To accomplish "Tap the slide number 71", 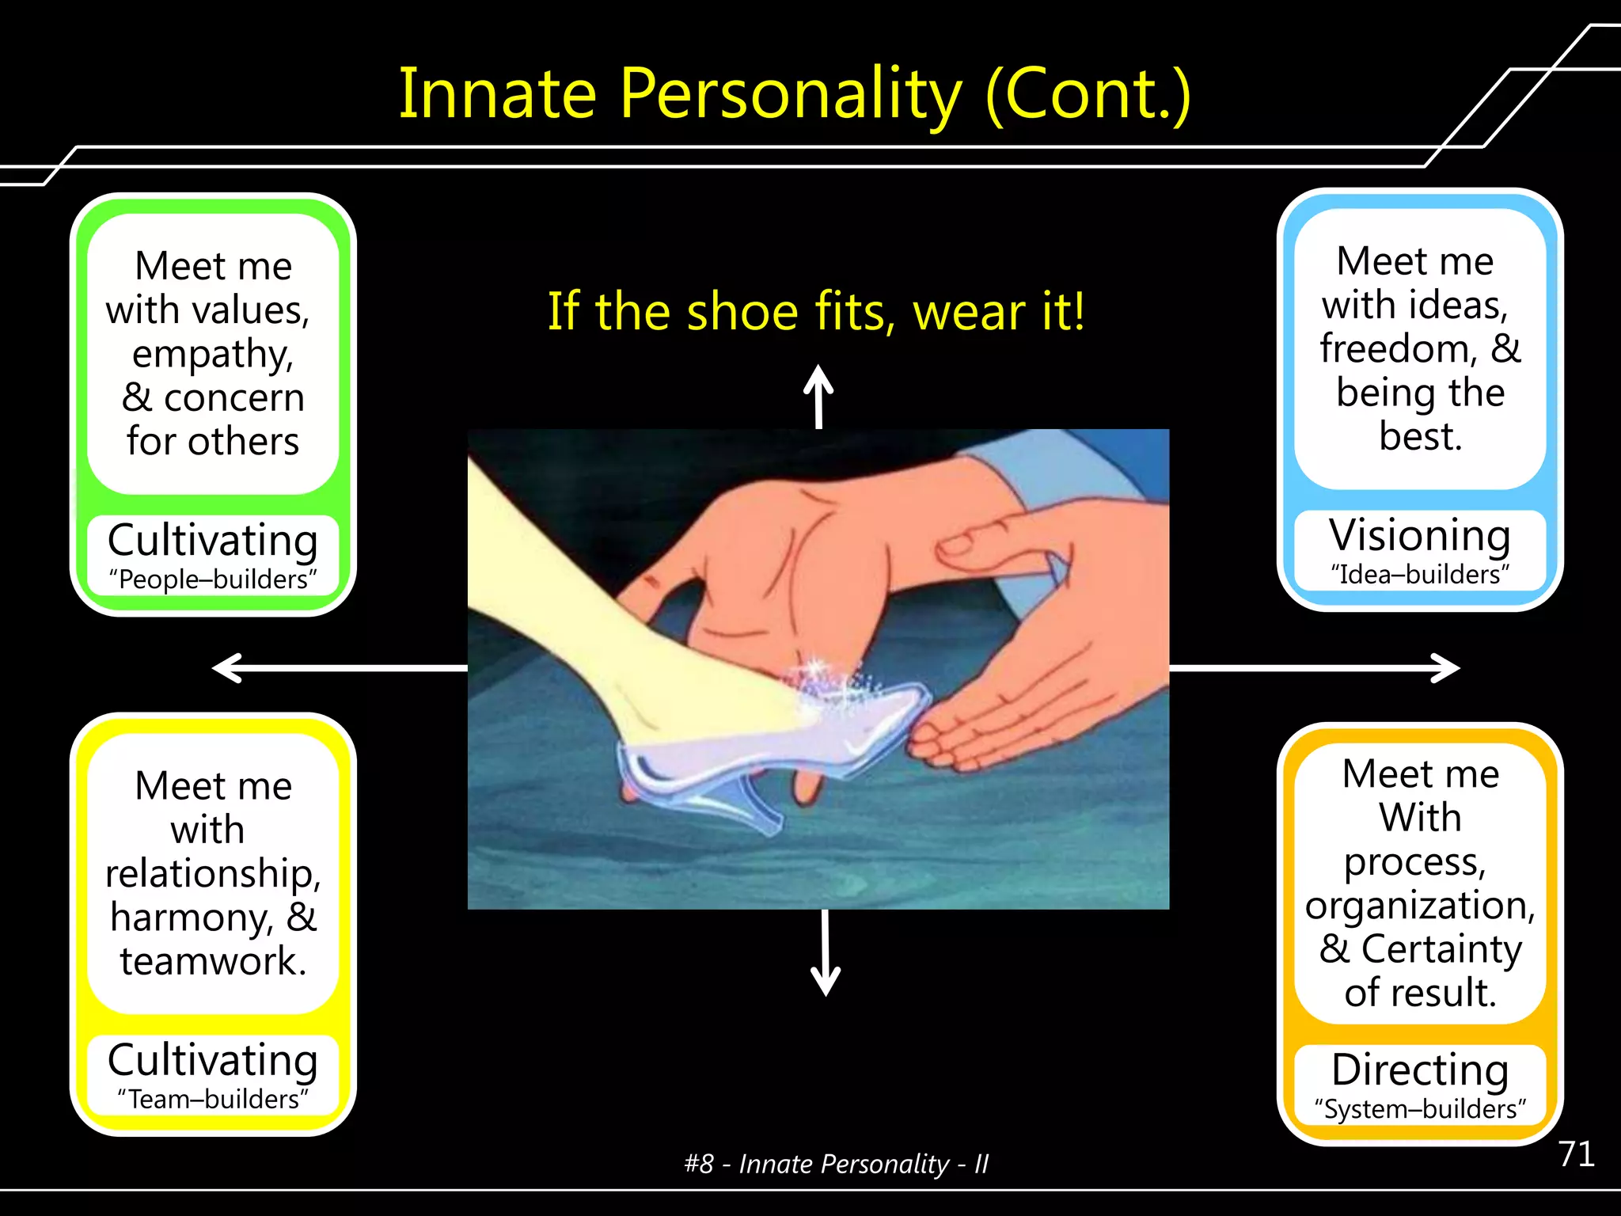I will click(1576, 1153).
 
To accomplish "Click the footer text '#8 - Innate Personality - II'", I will click(836, 1164).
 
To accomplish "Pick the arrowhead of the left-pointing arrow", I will click(226, 668).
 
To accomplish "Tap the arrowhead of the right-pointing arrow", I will click(1448, 668).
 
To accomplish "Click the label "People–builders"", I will click(213, 579).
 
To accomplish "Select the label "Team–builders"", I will click(213, 1099).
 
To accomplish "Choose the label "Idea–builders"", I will click(1420, 574).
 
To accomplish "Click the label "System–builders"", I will click(1420, 1109).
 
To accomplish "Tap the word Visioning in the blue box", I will click(1420, 536).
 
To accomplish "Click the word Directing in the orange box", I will click(1420, 1070).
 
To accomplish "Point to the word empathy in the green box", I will click(212, 354).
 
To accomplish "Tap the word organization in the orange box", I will click(1420, 905).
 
